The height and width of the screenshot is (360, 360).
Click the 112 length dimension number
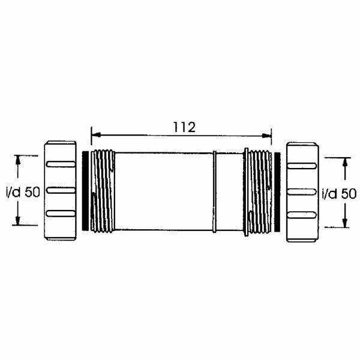pyautogui.click(x=184, y=127)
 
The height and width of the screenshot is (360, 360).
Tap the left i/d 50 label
pyautogui.click(x=23, y=192)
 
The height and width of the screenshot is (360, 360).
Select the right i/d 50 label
pyautogui.click(x=340, y=194)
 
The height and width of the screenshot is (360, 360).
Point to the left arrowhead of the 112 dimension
pyautogui.click(x=96, y=134)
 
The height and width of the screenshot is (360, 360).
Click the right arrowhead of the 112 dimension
pyautogui.click(x=267, y=136)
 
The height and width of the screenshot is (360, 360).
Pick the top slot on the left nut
pyautogui.click(x=61, y=164)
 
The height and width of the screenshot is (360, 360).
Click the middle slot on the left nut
pyautogui.click(x=61, y=190)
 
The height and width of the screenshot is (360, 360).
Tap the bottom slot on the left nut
pyautogui.click(x=61, y=213)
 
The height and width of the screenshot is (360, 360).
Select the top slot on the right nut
pyautogui.click(x=302, y=166)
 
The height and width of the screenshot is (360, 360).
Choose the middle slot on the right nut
pyautogui.click(x=302, y=192)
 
